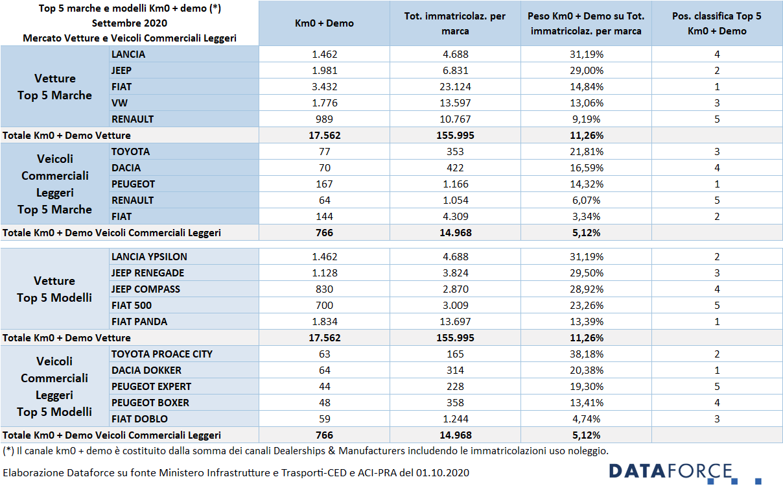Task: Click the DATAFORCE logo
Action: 684,473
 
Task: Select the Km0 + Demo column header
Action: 324,23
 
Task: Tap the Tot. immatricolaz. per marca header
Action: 455,23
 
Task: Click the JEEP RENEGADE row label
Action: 148,273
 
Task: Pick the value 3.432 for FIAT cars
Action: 324,87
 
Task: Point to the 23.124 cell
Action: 455,87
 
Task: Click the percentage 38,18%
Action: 586,354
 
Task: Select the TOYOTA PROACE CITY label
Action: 162,354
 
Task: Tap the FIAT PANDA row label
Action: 139,322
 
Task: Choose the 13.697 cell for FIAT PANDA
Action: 455,322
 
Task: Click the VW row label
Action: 119,103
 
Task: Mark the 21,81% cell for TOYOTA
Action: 586,151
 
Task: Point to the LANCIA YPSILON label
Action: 149,257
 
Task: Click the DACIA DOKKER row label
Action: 146,371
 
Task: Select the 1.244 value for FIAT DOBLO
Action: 455,419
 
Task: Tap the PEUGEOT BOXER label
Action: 150,403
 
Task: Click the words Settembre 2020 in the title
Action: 130,23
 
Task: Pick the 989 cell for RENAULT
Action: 324,119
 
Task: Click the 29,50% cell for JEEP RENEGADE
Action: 586,273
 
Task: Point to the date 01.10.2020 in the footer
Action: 442,473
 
